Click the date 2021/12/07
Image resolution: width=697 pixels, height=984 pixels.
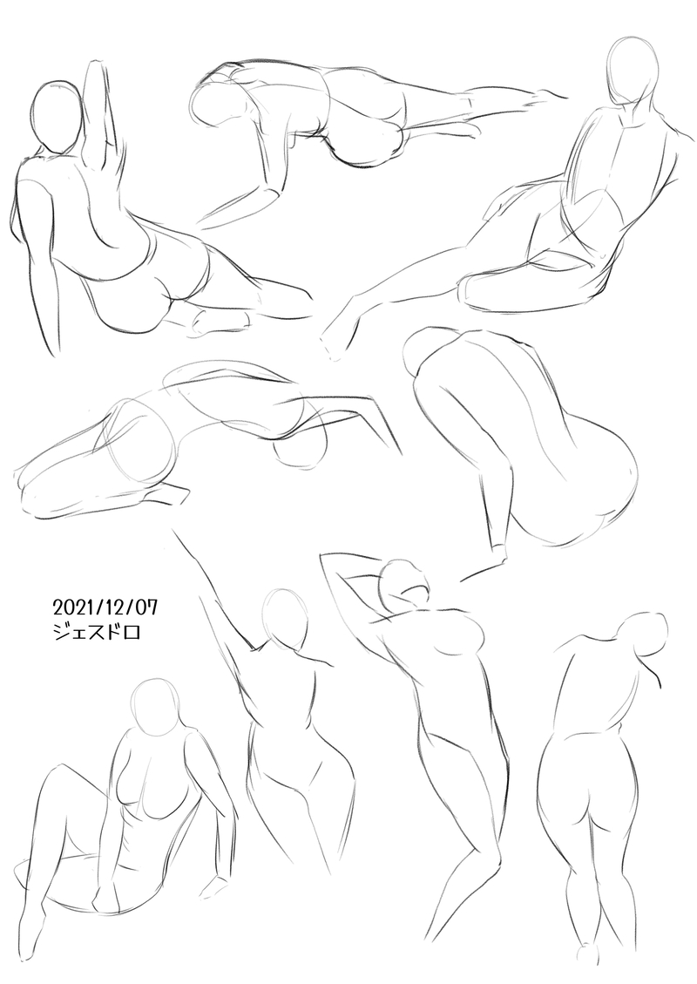[x=105, y=607]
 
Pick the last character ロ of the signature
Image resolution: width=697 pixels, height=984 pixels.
[x=131, y=632]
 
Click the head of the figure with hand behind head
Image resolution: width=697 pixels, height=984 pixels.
[x=405, y=581]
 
